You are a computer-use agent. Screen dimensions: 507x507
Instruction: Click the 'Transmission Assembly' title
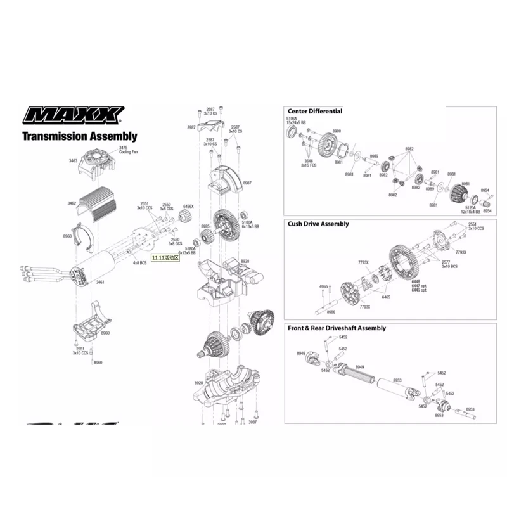click(80, 136)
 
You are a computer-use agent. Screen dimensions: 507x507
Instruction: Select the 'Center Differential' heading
click(315, 111)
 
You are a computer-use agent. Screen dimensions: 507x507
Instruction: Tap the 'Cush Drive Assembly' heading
click(318, 224)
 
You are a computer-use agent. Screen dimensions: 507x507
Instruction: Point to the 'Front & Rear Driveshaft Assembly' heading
click(337, 328)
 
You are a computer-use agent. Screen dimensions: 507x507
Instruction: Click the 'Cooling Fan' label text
click(128, 152)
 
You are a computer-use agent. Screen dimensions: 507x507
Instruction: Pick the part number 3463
click(73, 161)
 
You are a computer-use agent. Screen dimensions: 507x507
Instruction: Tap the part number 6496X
click(188, 206)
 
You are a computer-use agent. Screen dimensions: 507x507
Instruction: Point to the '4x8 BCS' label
click(140, 262)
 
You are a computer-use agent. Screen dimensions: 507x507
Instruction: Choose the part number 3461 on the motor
click(99, 282)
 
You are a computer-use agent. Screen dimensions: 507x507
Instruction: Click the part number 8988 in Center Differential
click(337, 131)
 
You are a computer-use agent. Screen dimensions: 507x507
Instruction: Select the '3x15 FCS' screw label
click(309, 165)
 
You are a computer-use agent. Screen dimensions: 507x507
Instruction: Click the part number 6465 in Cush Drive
click(386, 297)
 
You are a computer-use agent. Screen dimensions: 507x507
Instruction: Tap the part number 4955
click(323, 286)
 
